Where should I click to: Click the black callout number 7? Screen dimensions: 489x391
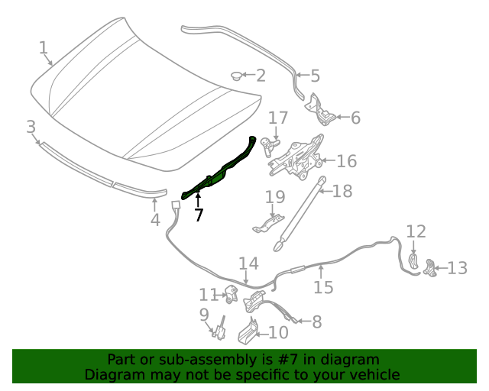[x=199, y=215]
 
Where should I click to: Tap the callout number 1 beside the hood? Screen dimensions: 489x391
[x=44, y=48]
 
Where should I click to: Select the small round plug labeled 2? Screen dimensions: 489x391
[x=236, y=76]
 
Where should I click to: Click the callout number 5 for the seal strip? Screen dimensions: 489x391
[x=316, y=76]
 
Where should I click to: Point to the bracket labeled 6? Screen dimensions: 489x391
[x=320, y=110]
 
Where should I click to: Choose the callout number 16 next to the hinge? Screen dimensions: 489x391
[x=346, y=161]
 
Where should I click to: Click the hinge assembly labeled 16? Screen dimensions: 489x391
[x=296, y=157]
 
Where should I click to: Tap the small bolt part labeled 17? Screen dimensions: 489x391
[x=270, y=147]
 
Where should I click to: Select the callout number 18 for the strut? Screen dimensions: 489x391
[x=342, y=191]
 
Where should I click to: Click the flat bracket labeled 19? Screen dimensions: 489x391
[x=268, y=224]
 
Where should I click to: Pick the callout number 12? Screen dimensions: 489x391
[x=416, y=231]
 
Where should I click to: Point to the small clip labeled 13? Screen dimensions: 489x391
[x=429, y=268]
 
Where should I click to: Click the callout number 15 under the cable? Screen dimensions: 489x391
[x=323, y=287]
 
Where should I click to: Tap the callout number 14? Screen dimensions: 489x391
[x=248, y=263]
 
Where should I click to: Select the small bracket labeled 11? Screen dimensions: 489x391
[x=231, y=294]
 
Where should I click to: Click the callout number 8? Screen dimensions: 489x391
[x=317, y=322]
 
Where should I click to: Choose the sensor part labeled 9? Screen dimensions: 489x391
[x=219, y=329]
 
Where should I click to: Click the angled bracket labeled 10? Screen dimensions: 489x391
[x=248, y=331]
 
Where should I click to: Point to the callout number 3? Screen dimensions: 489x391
[x=31, y=128]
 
